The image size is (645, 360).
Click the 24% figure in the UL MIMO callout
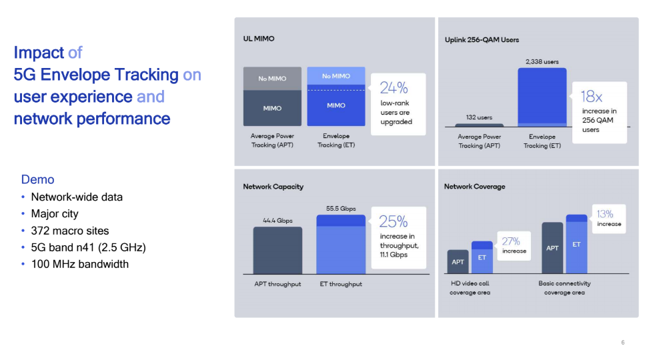click(394, 87)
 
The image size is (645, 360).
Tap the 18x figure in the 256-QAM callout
click(591, 97)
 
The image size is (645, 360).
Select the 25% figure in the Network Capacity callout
click(394, 221)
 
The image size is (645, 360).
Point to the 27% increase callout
click(514, 246)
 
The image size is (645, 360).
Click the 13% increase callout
click(609, 219)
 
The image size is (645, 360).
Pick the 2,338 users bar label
click(542, 61)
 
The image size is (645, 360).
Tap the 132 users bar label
click(479, 117)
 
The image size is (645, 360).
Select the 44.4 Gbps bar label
click(277, 221)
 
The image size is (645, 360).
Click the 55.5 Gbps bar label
click(341, 209)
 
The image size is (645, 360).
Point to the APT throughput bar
click(277, 250)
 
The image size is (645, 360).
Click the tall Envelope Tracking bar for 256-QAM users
click(542, 97)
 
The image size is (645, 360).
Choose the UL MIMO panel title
click(259, 39)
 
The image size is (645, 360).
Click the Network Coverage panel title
click(475, 187)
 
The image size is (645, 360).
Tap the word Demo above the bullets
click(38, 179)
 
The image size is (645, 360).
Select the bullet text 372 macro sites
click(70, 231)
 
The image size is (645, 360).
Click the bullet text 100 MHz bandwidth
click(80, 264)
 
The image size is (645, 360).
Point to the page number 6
click(623, 342)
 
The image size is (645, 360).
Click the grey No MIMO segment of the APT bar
click(272, 79)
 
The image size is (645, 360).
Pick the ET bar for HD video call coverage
click(482, 257)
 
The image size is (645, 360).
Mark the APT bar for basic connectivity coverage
click(552, 248)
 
